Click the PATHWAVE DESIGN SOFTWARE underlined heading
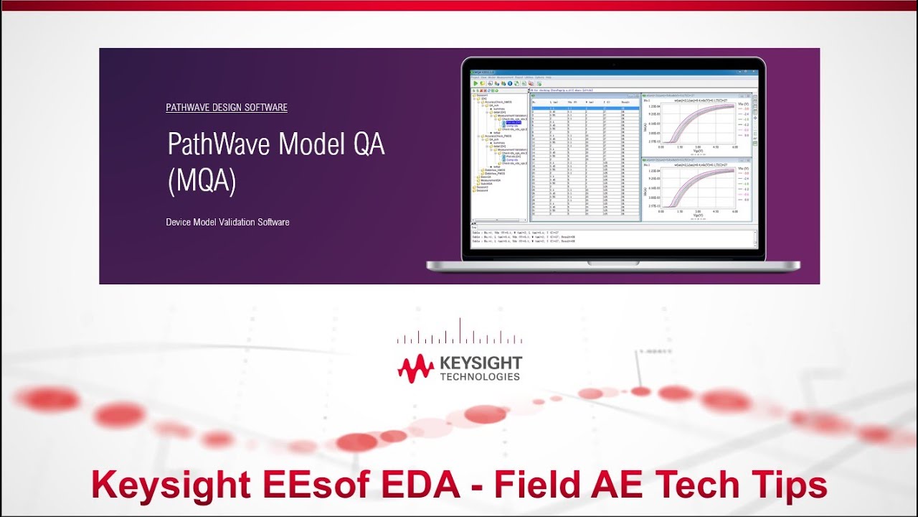227,108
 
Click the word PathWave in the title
219,145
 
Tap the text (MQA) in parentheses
202,181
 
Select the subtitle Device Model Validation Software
227,223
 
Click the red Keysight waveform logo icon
416,368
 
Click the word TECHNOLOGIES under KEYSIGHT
480,377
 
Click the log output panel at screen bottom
613,238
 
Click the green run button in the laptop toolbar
475,83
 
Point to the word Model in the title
313,145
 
